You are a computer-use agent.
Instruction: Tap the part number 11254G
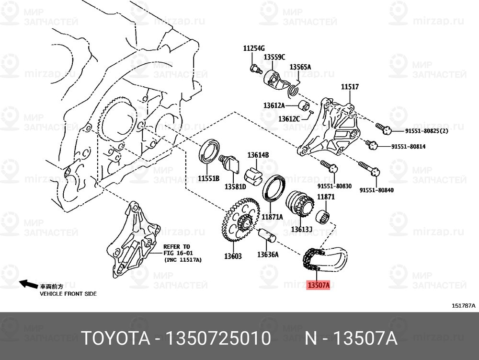pos(254,48)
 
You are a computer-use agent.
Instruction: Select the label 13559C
pos(274,57)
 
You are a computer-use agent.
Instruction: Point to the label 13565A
pos(300,67)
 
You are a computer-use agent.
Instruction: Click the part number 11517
pos(350,87)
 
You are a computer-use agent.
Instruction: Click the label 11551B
pos(208,178)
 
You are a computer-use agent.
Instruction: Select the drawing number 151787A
pos(463,305)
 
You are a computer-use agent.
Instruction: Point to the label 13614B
pos(258,155)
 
